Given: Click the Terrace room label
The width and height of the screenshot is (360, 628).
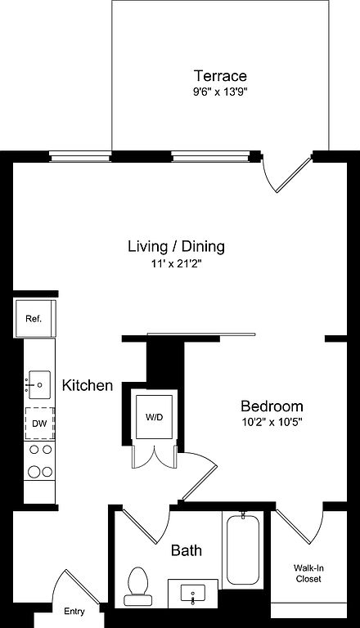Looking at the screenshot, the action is [x=220, y=76].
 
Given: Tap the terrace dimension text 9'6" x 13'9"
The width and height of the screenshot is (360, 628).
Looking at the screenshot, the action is [x=220, y=92].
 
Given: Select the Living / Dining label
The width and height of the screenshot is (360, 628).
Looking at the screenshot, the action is [x=176, y=246].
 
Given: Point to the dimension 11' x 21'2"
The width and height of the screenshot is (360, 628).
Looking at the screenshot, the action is [x=177, y=264].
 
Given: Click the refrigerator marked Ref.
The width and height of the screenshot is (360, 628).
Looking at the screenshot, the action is [x=34, y=319].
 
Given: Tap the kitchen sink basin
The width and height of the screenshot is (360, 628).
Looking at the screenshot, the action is [x=39, y=385].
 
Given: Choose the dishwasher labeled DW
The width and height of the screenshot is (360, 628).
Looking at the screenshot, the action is [x=39, y=424].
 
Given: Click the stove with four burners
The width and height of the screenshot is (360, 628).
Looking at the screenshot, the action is [x=39, y=460].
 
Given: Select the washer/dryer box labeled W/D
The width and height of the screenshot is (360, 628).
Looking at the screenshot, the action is [x=155, y=417].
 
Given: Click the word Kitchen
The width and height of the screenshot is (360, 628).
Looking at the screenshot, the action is [x=88, y=385].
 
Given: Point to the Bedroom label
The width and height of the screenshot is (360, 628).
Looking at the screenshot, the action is [x=272, y=406].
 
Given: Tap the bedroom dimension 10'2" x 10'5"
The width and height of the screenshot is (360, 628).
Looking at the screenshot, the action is [x=272, y=423].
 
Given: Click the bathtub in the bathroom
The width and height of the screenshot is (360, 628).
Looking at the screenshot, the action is [x=243, y=549].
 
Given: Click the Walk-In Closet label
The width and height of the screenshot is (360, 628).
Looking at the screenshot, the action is [x=308, y=573].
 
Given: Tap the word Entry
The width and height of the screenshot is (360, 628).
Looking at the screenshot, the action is [x=74, y=612].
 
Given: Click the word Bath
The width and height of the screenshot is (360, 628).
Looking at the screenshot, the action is [x=187, y=550].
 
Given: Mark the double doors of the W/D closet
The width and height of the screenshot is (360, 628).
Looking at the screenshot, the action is [x=155, y=457].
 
